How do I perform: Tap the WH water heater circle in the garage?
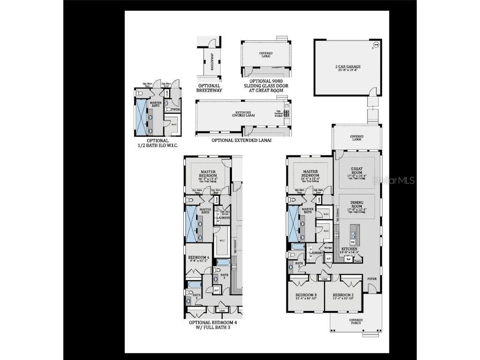click(x=375, y=45)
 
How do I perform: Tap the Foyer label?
click(x=372, y=279)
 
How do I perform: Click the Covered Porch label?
click(x=356, y=322)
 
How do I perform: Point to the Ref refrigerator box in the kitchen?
click(x=348, y=259)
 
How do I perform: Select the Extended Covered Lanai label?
click(x=243, y=114)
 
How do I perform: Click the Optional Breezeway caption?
click(x=209, y=88)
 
